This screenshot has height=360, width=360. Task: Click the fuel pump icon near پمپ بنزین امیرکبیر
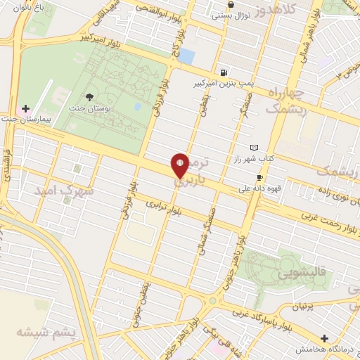[224, 72]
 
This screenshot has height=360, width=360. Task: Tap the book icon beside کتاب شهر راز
[253, 148]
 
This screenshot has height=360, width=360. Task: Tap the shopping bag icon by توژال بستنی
[231, 4]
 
